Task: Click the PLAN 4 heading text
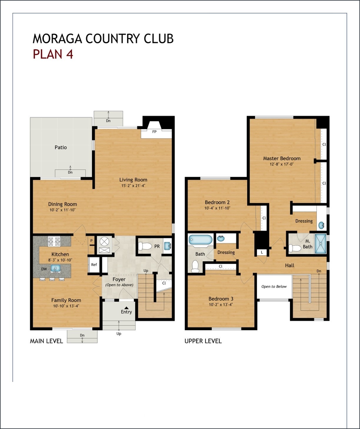[53, 54]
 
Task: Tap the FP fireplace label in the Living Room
[154, 132]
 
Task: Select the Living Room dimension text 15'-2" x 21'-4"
[133, 186]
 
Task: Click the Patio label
[61, 147]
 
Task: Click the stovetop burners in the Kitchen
[54, 242]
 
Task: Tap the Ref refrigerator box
[94, 265]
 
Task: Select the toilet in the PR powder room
[144, 246]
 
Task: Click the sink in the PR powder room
[167, 246]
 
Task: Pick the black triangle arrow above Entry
[126, 308]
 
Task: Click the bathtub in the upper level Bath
[200, 240]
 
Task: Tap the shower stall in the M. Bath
[320, 244]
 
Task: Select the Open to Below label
[274, 287]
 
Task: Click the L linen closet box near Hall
[262, 252]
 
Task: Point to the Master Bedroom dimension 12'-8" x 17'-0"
[281, 164]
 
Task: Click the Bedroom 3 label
[221, 299]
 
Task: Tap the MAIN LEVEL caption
[46, 341]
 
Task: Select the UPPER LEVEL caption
[203, 341]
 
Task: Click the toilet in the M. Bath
[294, 248]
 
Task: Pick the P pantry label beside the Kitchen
[91, 241]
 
